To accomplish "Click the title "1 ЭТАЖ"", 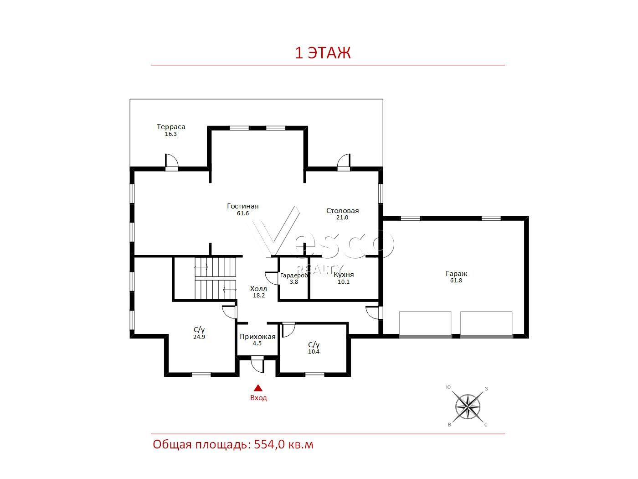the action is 323,53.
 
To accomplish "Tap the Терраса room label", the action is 171,126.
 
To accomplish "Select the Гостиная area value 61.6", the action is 243,213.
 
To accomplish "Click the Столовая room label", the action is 342,211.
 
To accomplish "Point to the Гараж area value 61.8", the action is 456,281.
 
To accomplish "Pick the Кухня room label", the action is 344,275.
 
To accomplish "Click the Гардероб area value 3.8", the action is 294,281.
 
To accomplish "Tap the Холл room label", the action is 258,288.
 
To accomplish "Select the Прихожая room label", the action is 257,337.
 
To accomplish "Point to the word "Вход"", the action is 258,397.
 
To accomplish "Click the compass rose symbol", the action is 468,406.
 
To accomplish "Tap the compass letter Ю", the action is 448,387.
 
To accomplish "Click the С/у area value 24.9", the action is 199,337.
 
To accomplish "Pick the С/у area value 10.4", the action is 314,351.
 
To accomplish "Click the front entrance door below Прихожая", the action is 257,364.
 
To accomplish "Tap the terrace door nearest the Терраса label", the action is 171,162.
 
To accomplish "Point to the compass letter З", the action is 486,389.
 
